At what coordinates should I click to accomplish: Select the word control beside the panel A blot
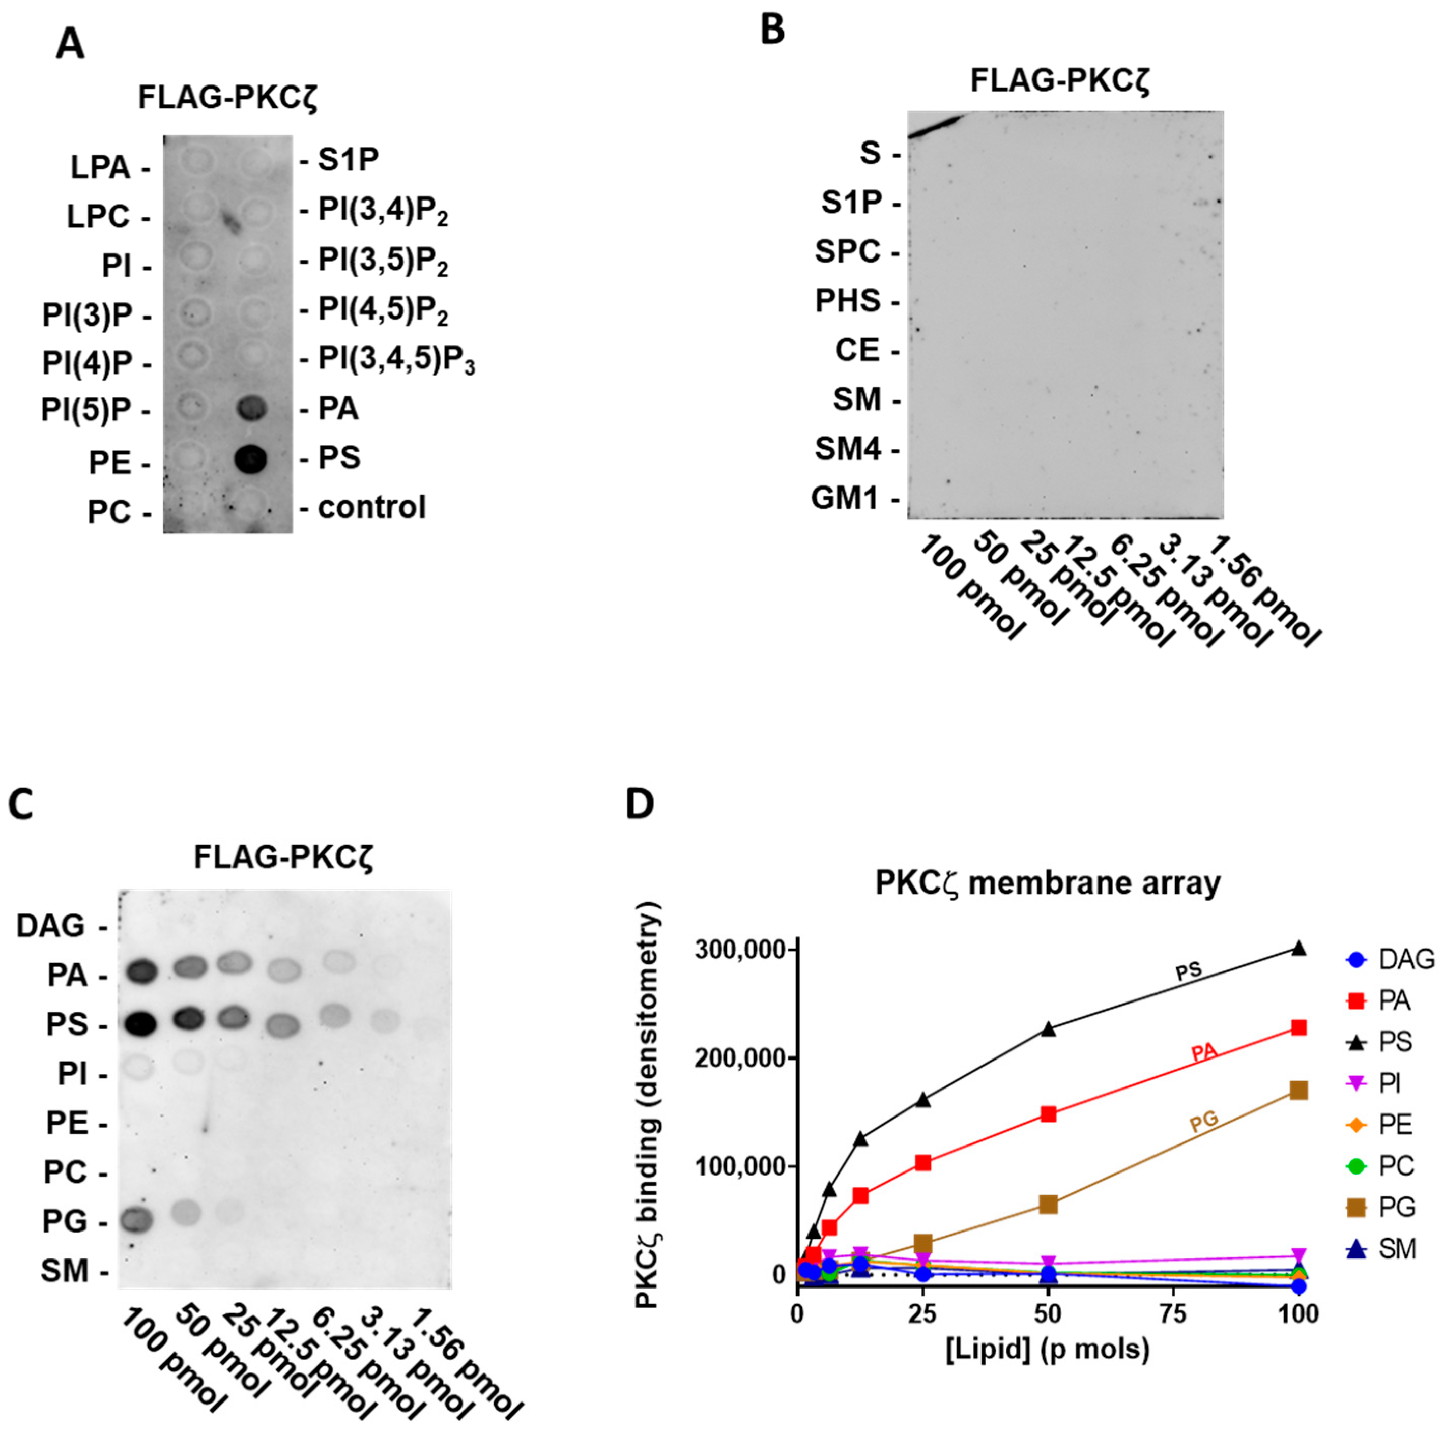(371, 507)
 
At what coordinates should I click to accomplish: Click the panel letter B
(772, 30)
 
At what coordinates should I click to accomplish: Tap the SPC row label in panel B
(847, 252)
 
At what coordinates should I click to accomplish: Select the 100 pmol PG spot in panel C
(138, 1220)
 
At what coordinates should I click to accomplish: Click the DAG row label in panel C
(51, 926)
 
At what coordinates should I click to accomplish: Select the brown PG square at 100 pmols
(1299, 1091)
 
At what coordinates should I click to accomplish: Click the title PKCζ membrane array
(1047, 883)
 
